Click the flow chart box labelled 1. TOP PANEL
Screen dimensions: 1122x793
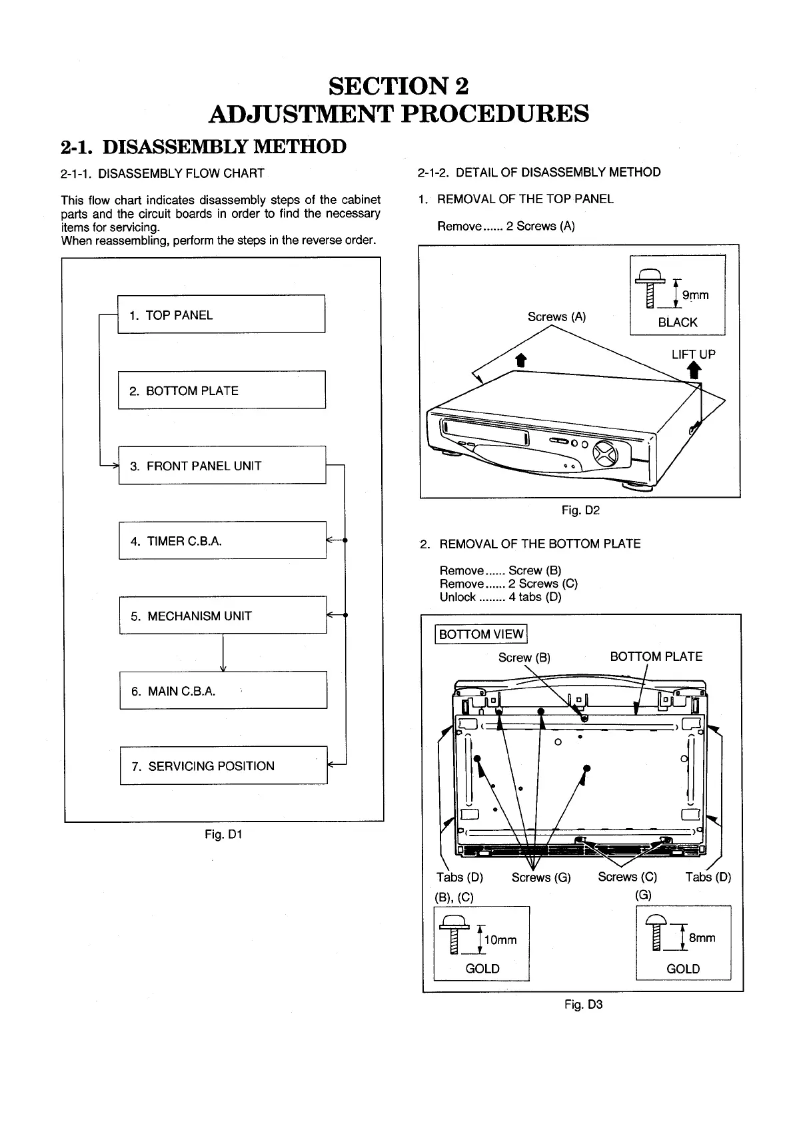point(221,314)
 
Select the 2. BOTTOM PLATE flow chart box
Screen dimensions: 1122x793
point(221,390)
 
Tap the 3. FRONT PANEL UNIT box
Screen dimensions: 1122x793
point(222,465)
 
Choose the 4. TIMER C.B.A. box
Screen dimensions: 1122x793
point(222,540)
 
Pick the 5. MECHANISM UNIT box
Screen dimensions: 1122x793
point(223,616)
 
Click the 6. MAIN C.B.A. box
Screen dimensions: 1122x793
point(223,690)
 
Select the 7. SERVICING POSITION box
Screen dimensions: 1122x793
point(223,766)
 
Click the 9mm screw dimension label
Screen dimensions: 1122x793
point(694,295)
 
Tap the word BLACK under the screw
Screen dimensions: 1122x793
point(677,322)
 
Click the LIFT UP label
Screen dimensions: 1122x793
point(693,354)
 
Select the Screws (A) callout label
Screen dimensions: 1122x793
point(556,317)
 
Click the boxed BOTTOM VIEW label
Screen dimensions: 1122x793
point(481,634)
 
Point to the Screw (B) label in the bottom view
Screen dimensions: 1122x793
point(524,658)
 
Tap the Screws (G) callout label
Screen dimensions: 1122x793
point(541,877)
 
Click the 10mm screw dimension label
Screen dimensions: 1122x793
point(500,940)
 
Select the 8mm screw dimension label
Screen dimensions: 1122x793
point(702,938)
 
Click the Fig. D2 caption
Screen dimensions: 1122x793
point(580,510)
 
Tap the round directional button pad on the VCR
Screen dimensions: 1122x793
point(605,454)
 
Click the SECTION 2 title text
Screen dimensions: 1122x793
point(398,86)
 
